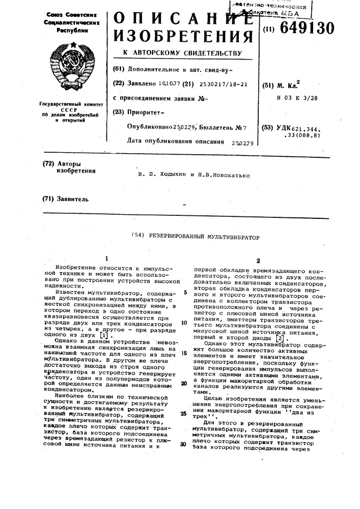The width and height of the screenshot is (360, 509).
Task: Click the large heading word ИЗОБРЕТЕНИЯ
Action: [x=182, y=37]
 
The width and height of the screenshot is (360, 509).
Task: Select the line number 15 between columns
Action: [x=184, y=353]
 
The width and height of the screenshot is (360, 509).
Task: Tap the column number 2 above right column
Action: [x=258, y=260]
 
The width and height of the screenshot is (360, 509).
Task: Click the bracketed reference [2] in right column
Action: [x=294, y=338]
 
